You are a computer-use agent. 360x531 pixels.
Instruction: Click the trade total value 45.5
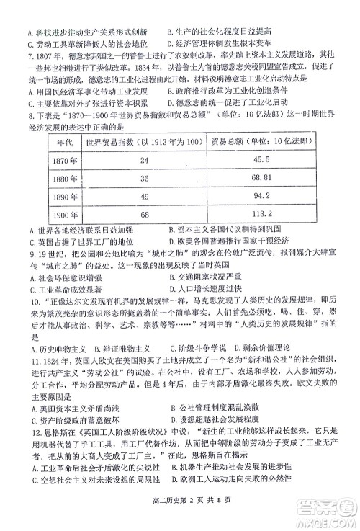261,159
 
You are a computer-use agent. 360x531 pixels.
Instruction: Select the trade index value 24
144,160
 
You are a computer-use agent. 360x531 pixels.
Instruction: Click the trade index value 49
144,196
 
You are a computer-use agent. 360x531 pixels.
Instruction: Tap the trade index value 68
144,215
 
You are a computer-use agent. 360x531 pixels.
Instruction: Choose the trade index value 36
144,178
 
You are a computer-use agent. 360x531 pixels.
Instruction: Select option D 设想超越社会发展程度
216,418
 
